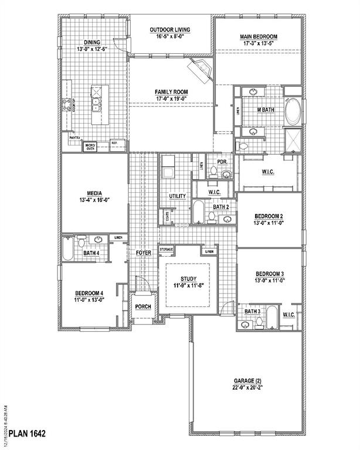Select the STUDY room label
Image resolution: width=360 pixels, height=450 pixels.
pyautogui.click(x=189, y=279)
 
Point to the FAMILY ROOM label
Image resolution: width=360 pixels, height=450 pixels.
pyautogui.click(x=171, y=92)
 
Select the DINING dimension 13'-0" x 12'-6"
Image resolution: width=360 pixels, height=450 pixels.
pyautogui.click(x=91, y=49)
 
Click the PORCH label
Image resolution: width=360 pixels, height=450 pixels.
pyautogui.click(x=142, y=306)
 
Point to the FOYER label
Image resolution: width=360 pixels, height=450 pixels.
pyautogui.click(x=144, y=253)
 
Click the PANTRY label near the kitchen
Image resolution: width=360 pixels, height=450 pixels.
pyautogui.click(x=74, y=138)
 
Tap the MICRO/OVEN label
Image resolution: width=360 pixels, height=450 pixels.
pyautogui.click(x=90, y=146)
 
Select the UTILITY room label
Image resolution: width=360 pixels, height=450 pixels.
pyautogui.click(x=177, y=196)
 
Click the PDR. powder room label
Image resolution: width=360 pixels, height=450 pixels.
pyautogui.click(x=222, y=162)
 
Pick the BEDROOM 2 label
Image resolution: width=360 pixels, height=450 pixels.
pyautogui.click(x=269, y=216)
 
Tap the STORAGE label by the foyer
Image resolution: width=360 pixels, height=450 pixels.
pyautogui.click(x=167, y=250)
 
